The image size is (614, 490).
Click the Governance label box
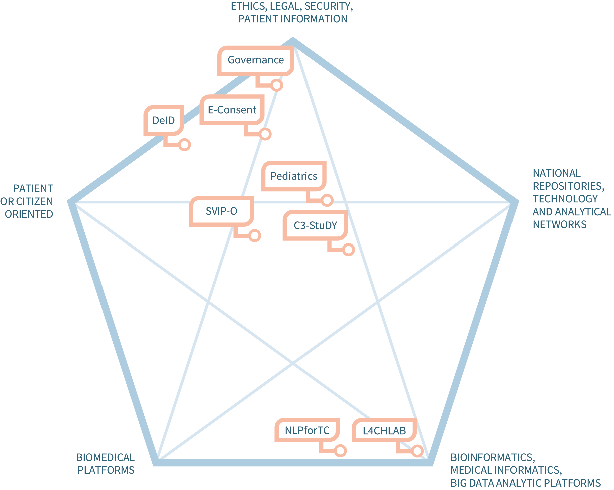coord(256,60)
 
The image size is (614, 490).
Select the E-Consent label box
coord(232,110)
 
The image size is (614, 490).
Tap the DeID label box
coord(164,120)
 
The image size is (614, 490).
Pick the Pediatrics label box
coord(294,176)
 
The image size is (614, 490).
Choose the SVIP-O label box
coord(221,211)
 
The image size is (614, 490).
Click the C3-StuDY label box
coord(315,226)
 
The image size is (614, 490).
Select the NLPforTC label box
coord(307,430)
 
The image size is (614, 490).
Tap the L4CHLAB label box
coord(384,431)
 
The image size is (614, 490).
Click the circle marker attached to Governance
coord(277,85)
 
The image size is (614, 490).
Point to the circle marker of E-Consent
coord(265,134)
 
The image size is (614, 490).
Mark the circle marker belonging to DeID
coord(184,145)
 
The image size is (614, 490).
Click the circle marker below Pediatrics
coord(327,200)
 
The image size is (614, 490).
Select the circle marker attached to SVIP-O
coord(255,236)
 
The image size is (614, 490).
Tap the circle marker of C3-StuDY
coord(348,250)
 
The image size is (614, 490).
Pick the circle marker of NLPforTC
coord(340,451)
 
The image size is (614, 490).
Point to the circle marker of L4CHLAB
coord(417,451)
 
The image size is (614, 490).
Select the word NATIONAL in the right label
coord(556,173)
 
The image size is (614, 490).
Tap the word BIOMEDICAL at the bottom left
coord(106,458)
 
